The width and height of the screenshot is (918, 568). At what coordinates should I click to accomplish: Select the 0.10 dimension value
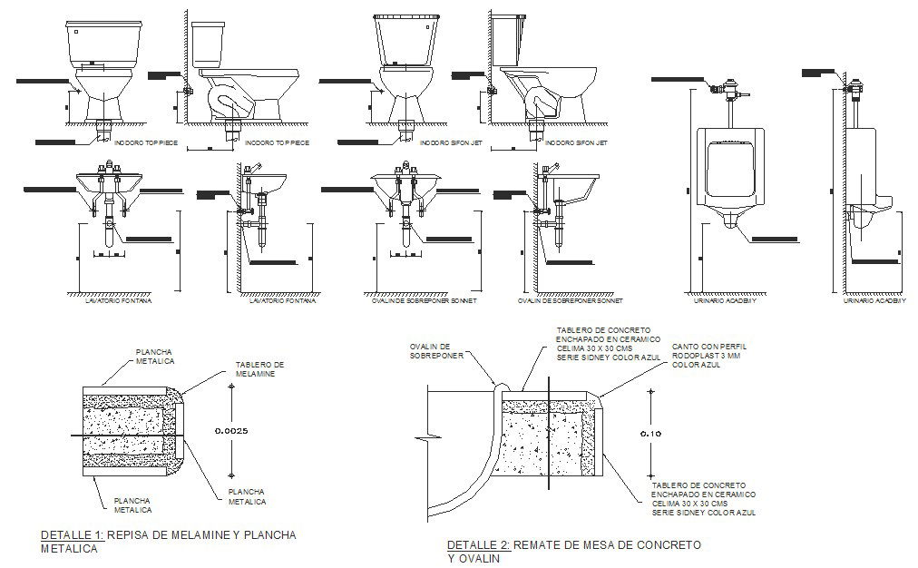pos(649,434)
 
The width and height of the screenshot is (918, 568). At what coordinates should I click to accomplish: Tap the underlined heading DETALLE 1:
pos(73,535)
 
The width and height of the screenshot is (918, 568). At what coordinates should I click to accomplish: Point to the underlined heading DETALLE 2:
pos(478,544)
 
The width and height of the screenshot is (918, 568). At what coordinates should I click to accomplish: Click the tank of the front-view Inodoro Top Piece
pos(104,43)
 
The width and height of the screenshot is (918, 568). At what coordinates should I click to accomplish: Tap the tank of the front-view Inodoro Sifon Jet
pos(408,41)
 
